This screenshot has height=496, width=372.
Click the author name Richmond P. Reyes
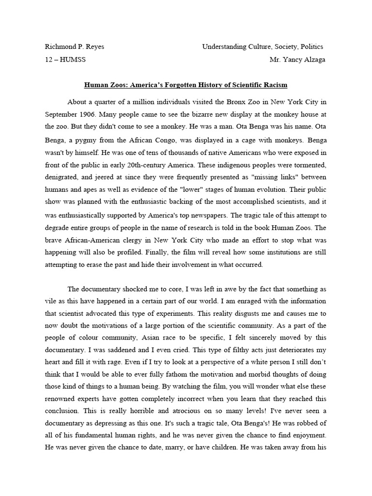74,47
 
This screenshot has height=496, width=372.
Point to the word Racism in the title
274,85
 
